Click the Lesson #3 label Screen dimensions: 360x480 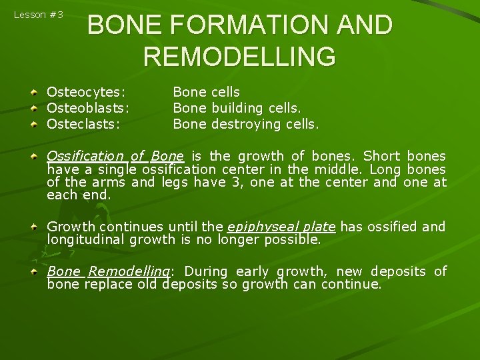[x=39, y=15]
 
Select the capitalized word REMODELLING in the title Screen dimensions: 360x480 [x=239, y=57]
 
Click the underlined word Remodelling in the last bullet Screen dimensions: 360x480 [x=129, y=271]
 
